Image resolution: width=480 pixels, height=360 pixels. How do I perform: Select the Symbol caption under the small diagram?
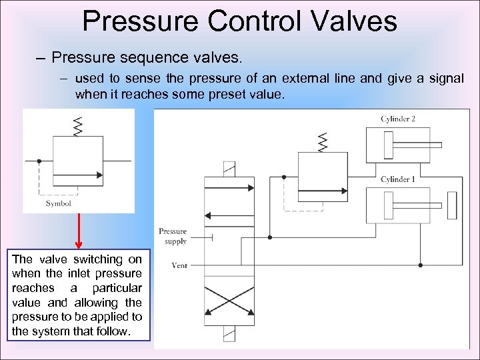(x=59, y=203)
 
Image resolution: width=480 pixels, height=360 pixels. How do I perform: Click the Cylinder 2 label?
(x=398, y=119)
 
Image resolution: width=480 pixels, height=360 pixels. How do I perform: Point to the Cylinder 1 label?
(x=398, y=179)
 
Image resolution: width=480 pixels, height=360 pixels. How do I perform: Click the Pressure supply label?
(x=173, y=236)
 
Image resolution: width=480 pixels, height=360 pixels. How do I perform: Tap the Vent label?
(x=179, y=265)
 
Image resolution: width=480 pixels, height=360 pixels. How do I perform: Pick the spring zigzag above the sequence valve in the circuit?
(x=323, y=142)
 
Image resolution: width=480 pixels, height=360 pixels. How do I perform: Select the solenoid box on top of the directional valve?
(x=229, y=169)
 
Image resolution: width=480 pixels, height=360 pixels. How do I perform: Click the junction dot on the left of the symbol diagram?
(x=39, y=161)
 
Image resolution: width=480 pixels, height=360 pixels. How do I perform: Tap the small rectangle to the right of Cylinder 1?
(x=453, y=204)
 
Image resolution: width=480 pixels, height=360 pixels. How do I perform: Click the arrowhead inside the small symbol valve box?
(x=99, y=176)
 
